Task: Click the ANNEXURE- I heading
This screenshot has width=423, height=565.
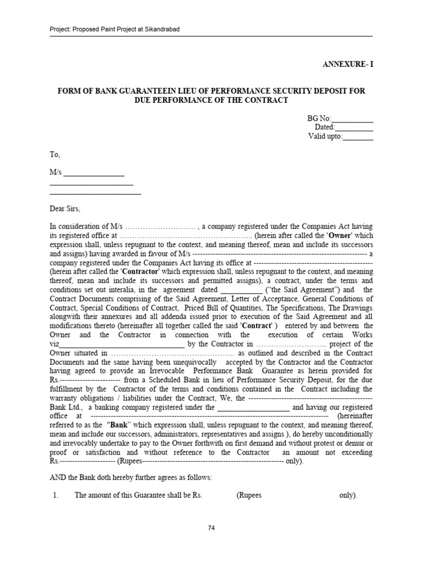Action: point(347,64)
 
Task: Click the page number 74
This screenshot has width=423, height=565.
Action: point(211,528)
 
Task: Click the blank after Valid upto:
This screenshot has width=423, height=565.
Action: point(358,136)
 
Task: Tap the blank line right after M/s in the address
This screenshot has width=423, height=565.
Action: point(94,173)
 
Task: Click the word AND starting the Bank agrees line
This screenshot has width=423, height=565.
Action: point(58,477)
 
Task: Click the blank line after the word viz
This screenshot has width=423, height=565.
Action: point(122,344)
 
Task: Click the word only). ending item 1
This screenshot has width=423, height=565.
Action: point(348,495)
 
